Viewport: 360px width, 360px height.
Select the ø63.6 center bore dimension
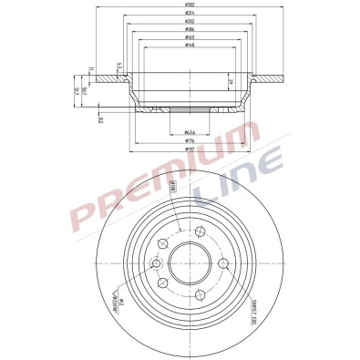click(190, 132)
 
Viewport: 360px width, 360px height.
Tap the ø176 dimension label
click(190, 140)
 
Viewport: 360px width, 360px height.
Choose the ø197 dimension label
click(190, 149)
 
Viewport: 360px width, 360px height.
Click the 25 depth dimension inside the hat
click(229, 84)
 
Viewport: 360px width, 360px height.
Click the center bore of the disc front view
click(190, 264)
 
